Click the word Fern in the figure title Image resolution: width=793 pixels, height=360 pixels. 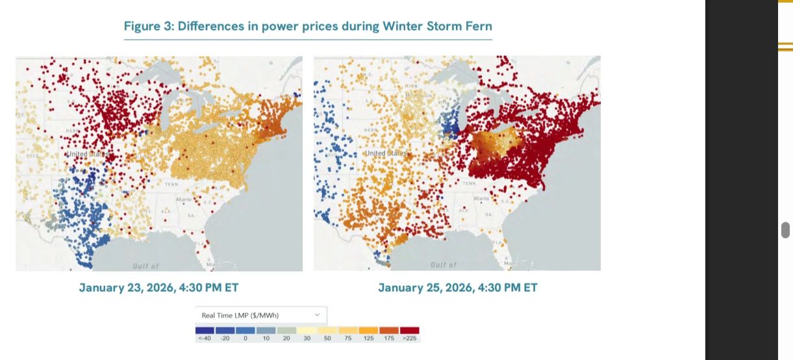click(480, 27)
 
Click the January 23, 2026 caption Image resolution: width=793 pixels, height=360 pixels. click(159, 287)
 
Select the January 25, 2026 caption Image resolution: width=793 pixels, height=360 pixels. click(458, 287)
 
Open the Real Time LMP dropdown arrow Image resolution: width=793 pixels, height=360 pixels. click(317, 315)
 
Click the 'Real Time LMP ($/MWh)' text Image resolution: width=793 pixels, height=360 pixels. click(241, 315)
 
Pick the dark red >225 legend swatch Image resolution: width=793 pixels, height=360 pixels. click(410, 330)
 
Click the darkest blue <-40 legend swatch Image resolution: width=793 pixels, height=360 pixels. click(205, 330)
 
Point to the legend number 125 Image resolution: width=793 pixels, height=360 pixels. click(369, 339)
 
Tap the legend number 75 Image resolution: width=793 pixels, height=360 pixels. click(348, 339)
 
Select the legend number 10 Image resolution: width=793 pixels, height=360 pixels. click(266, 339)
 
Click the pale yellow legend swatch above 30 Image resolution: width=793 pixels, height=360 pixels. click(307, 330)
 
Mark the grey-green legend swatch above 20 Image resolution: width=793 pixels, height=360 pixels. click(286, 330)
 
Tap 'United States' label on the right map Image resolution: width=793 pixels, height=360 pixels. click(384, 153)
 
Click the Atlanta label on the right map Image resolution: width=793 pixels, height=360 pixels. click(482, 198)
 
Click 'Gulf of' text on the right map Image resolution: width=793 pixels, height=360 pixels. click(444, 265)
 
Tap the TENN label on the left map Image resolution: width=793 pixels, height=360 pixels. click(171, 184)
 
